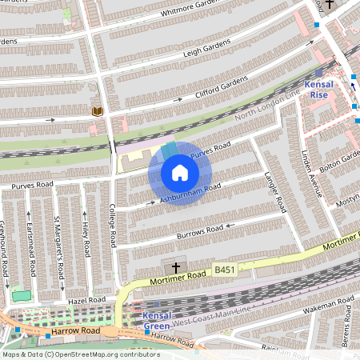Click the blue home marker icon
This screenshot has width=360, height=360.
(180, 173)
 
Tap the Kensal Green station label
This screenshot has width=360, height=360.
(157, 322)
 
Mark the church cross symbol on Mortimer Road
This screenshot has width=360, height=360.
(177, 267)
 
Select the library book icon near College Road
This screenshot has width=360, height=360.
(98, 111)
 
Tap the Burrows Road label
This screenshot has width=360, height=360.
(200, 230)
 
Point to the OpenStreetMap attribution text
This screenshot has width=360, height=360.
(80, 354)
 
